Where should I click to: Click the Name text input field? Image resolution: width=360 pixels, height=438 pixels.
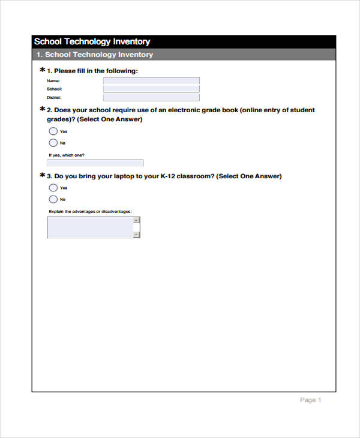tap(151, 80)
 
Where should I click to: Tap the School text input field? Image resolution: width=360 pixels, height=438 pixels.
tap(151, 89)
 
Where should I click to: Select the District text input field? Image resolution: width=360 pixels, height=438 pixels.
tap(151, 97)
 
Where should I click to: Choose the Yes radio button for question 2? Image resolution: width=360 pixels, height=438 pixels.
tap(53, 131)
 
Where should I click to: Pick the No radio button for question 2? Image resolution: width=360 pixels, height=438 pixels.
tap(53, 143)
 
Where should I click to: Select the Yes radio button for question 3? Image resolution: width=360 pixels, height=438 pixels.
tap(53, 188)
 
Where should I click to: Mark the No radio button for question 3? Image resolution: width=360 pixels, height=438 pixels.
tap(53, 199)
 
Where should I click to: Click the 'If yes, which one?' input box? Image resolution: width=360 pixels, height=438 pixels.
tap(95, 163)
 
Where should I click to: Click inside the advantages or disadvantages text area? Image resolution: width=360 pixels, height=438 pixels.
tap(90, 227)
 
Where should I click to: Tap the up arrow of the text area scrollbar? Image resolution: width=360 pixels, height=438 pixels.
tap(137, 220)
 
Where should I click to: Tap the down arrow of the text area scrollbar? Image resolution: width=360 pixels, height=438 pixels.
tap(137, 235)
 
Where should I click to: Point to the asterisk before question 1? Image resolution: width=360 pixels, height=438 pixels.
tap(42, 71)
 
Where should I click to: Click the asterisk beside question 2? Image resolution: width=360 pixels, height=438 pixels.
tap(42, 110)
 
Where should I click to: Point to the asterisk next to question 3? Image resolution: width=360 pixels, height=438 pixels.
tap(42, 176)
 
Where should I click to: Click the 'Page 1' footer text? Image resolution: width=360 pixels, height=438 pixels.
tap(311, 400)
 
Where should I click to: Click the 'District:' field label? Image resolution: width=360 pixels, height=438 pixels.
tap(54, 97)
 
